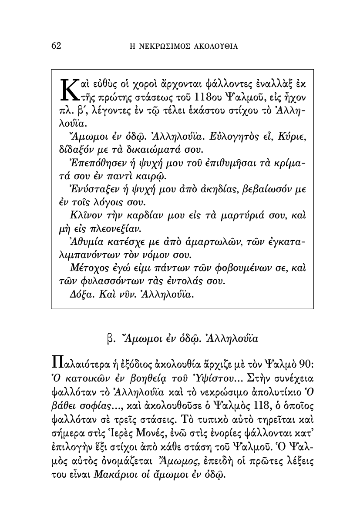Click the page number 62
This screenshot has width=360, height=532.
56,46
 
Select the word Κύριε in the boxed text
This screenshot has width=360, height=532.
293,138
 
